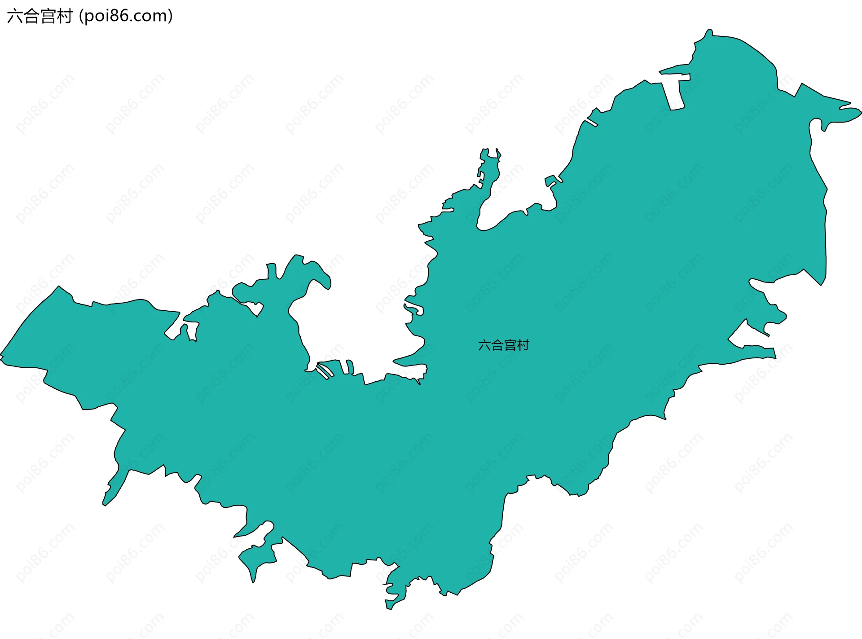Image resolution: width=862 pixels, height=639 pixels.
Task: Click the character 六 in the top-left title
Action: click(15, 16)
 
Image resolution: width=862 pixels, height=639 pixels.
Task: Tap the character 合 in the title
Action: click(31, 16)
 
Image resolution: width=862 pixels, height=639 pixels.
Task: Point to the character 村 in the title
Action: click(64, 16)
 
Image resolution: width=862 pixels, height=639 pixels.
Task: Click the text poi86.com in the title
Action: click(125, 16)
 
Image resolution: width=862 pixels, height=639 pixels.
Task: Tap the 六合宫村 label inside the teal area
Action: click(504, 345)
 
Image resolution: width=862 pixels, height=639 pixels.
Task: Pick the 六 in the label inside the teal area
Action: click(484, 345)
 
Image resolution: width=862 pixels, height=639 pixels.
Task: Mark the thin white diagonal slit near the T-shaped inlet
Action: click(592, 122)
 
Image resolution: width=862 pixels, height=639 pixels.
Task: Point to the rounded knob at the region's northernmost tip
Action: click(708, 31)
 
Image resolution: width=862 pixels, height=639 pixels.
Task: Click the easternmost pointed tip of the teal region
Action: click(860, 111)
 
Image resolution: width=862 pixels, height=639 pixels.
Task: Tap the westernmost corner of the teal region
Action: click(1, 357)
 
